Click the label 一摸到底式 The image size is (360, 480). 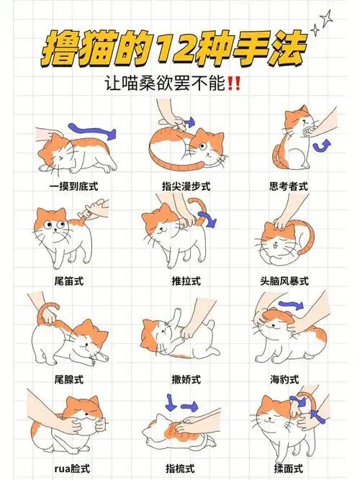point(74,186)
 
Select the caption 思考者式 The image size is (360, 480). point(288,186)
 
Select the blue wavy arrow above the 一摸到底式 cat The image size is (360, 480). point(92,131)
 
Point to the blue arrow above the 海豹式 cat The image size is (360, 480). point(291,305)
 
